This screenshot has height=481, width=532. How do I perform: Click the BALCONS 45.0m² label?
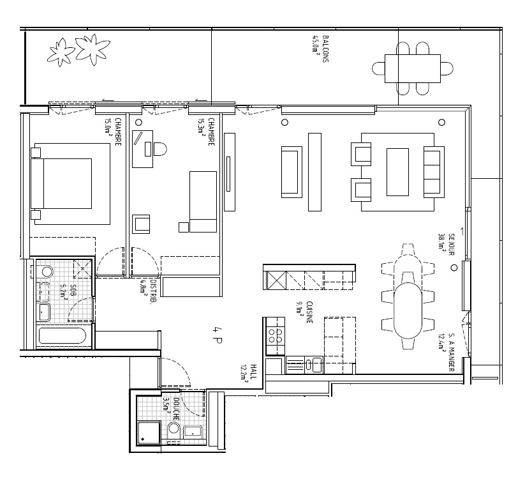321,46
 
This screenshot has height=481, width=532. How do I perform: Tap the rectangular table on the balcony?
413,68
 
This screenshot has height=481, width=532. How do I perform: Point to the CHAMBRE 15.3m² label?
205,132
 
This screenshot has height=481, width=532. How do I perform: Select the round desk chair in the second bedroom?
159,149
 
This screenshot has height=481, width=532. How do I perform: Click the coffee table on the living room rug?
397,171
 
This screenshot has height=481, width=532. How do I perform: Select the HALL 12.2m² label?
249,372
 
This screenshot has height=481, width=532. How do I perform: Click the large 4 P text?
217,332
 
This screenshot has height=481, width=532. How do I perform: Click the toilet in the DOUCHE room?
173,429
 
